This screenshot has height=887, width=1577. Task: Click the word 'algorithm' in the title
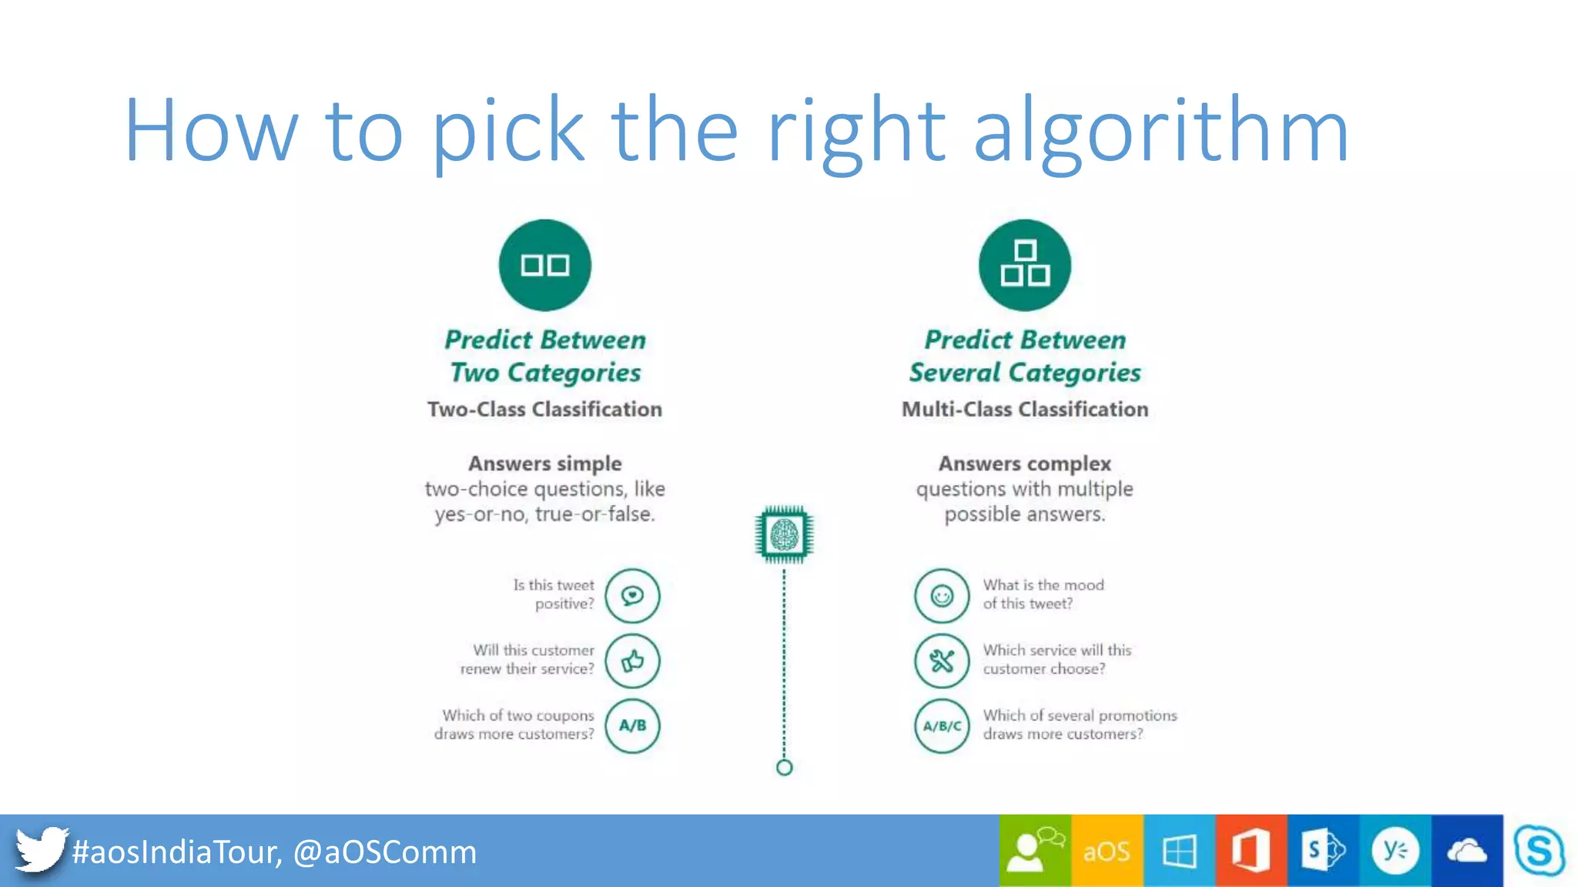[1160, 131]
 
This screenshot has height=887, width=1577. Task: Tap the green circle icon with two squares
[545, 265]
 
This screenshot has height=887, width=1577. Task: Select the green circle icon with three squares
[1024, 265]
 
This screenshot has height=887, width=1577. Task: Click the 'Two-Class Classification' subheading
[544, 409]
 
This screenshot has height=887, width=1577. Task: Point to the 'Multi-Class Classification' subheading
[1025, 409]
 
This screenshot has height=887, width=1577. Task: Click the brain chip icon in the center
[784, 534]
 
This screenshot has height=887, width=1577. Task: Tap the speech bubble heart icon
[632, 596]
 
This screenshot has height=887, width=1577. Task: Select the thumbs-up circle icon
[632, 661]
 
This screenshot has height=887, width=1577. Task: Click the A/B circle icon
[632, 725]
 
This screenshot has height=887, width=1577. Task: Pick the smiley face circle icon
[941, 596]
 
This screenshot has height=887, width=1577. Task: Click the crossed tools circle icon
[941, 661]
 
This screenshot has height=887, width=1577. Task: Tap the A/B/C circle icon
[941, 725]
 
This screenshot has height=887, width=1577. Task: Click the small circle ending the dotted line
[784, 768]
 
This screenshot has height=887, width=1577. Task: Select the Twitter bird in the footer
[40, 849]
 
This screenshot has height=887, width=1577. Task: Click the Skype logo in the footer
[1539, 851]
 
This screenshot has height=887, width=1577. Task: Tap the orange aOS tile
[1107, 851]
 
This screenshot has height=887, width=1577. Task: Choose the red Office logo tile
[1251, 851]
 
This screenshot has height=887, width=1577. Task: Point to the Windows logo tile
[1179, 851]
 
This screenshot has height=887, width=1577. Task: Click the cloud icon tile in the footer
[1467, 851]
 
